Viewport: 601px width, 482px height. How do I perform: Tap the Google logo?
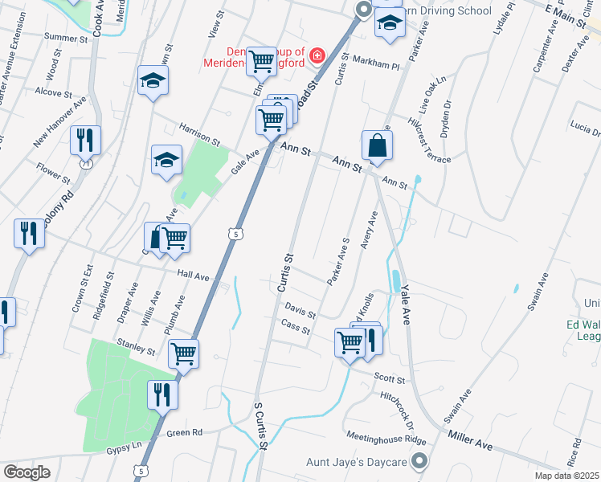tap(27, 472)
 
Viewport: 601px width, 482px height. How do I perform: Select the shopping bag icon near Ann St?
tap(376, 145)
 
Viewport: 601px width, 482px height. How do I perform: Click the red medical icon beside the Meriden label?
tap(317, 55)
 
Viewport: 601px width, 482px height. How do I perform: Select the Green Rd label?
tap(185, 432)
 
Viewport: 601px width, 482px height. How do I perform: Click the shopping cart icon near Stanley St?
tap(184, 352)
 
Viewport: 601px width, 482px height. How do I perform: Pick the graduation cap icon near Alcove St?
tap(152, 80)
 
